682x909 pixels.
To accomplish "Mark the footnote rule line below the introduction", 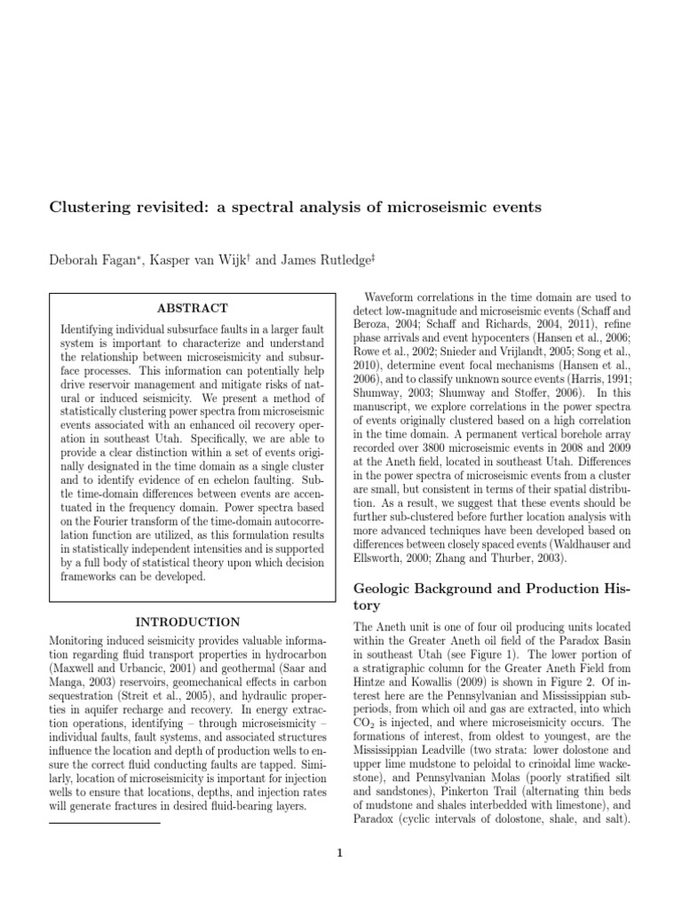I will [104, 823].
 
